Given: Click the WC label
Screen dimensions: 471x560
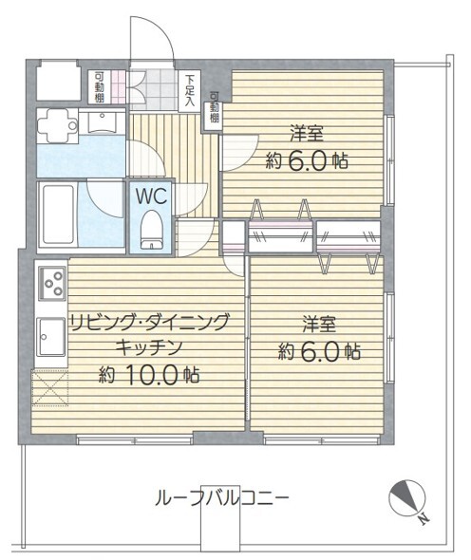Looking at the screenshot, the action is click(x=151, y=196).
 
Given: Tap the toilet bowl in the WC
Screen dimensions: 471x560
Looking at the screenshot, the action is click(x=152, y=230).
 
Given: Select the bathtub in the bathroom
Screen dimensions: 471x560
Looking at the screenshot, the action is click(x=58, y=215).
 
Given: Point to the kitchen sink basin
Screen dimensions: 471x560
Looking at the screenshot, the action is click(x=51, y=337).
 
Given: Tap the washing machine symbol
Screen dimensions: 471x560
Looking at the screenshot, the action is click(x=58, y=126).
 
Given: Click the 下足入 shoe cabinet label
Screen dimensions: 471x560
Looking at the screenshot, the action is click(x=189, y=90).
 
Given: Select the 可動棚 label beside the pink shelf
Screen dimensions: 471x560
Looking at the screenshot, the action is click(x=100, y=86).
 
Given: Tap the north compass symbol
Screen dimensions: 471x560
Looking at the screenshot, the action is click(x=407, y=497).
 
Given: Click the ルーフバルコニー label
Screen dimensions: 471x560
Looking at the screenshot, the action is click(x=221, y=497).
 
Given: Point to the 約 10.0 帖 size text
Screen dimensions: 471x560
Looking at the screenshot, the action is click(x=149, y=374).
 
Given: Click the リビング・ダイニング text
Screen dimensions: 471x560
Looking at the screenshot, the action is click(x=149, y=322).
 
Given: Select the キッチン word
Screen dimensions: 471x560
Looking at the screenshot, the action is click(x=149, y=347).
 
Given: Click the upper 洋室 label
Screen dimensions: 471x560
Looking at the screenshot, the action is click(x=307, y=133).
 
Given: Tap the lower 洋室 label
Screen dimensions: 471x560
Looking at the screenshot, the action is click(x=319, y=324).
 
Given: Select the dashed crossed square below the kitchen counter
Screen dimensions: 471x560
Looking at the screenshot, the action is click(x=50, y=388).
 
